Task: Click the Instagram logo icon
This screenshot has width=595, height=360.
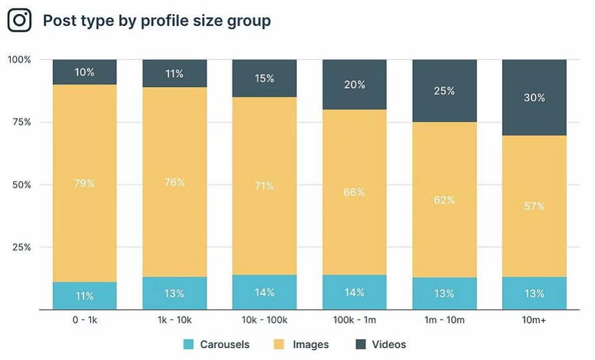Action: point(20,21)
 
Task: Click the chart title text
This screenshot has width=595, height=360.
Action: point(156,21)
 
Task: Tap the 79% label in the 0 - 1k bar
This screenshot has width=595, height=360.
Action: point(84,183)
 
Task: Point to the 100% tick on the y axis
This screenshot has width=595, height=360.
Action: point(19,60)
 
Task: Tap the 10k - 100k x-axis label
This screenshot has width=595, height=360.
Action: point(264,320)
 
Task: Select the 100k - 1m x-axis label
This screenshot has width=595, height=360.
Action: point(354,320)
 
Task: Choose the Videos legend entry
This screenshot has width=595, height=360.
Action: point(380,345)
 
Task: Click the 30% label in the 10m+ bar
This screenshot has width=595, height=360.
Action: point(534,97)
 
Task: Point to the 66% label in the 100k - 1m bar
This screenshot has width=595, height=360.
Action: point(354,192)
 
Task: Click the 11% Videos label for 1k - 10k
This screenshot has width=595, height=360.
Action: point(174,74)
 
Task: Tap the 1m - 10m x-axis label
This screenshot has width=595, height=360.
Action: point(444,320)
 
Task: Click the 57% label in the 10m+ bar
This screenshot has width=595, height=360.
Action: point(534,206)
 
